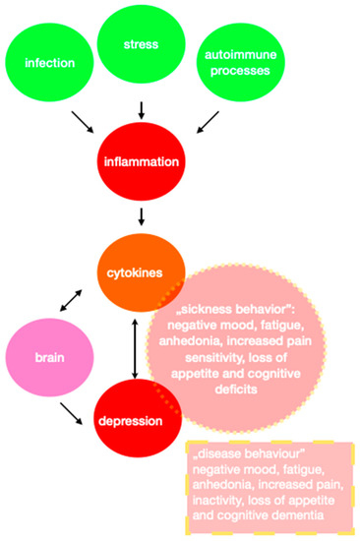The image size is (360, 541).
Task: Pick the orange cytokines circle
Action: pos(145,268)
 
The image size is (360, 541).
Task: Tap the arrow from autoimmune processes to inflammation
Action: pos(208,123)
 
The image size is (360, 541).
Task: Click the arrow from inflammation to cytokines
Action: pos(145,215)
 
